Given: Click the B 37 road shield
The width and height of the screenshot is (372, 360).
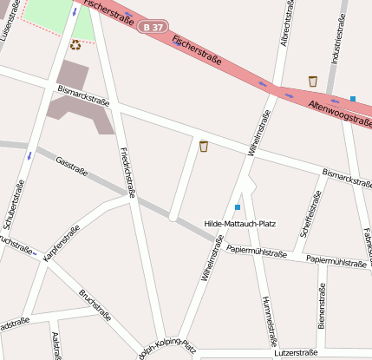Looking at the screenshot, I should click(153, 28).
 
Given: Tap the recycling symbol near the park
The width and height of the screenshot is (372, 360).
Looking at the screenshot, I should click(75, 45).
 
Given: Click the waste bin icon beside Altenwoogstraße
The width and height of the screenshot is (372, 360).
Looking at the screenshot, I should click(312, 82).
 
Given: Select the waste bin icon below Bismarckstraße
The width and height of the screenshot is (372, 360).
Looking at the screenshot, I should click(204, 146).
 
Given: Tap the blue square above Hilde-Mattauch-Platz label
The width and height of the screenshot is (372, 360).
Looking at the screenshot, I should click(238, 207).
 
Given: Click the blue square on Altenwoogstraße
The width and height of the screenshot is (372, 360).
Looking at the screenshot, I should click(353, 99).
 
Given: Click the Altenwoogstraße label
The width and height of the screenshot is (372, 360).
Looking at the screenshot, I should click(339, 110).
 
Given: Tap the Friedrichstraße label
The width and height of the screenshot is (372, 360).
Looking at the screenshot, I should click(127, 173).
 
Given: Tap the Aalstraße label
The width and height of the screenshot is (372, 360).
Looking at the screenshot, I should click(56, 345).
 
